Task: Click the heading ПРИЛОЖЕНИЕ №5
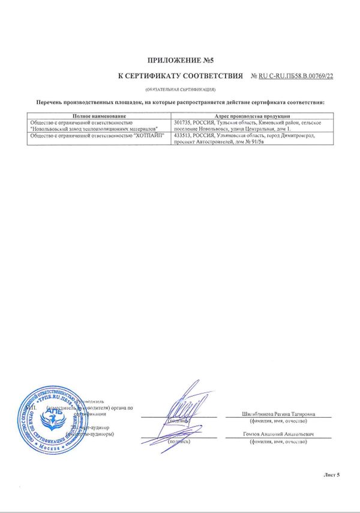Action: click(x=180, y=61)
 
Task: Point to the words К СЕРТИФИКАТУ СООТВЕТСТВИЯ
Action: click(x=180, y=76)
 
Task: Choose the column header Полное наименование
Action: click(x=100, y=116)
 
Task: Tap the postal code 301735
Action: click(x=182, y=122)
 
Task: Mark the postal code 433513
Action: click(x=182, y=136)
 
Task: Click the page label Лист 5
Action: click(x=331, y=475)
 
